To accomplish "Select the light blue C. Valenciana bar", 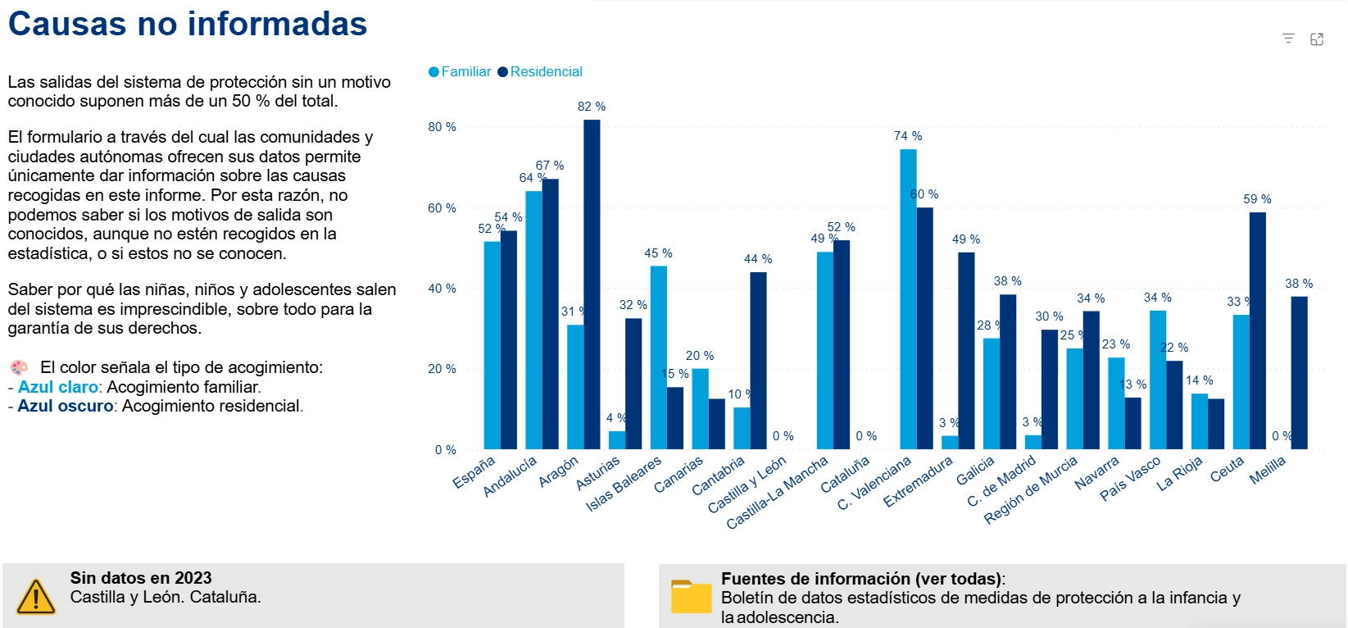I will tap(908, 299).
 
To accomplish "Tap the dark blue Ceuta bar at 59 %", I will tap(1257, 330).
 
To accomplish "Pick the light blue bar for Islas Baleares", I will tap(658, 357).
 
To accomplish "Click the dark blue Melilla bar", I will tap(1299, 372).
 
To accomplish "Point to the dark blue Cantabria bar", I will tap(758, 361).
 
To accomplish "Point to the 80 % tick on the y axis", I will tap(442, 127).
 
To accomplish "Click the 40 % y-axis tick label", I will tap(442, 289).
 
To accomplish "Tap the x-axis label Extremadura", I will tap(919, 482).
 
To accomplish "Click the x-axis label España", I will tap(474, 473).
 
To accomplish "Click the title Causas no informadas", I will tap(188, 24).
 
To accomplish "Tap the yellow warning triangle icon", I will tap(35, 596).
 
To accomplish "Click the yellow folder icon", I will tap(691, 597).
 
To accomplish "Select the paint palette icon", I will tap(19, 367).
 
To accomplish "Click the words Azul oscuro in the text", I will tap(66, 407).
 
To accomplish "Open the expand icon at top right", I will tap(1317, 39).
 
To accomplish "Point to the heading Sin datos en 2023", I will tap(141, 578).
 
